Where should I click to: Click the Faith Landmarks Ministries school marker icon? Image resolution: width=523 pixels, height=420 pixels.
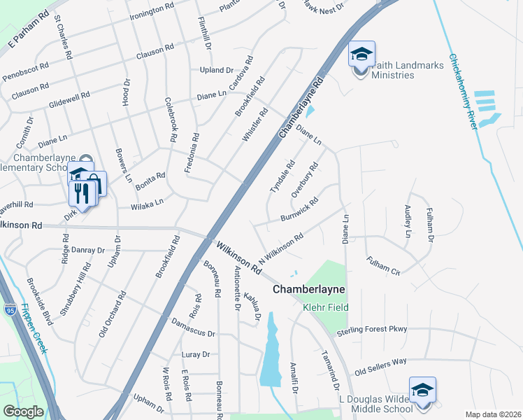click(361, 55)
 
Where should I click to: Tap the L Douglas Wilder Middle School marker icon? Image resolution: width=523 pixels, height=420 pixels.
click(422, 391)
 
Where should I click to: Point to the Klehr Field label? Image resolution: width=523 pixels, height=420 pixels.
click(325, 307)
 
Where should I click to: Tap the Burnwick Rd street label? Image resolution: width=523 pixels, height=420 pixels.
click(300, 209)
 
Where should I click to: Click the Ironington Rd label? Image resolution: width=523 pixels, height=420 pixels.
click(152, 11)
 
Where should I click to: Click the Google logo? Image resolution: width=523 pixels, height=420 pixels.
click(23, 412)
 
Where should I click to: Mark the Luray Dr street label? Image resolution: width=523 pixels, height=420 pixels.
click(195, 355)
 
